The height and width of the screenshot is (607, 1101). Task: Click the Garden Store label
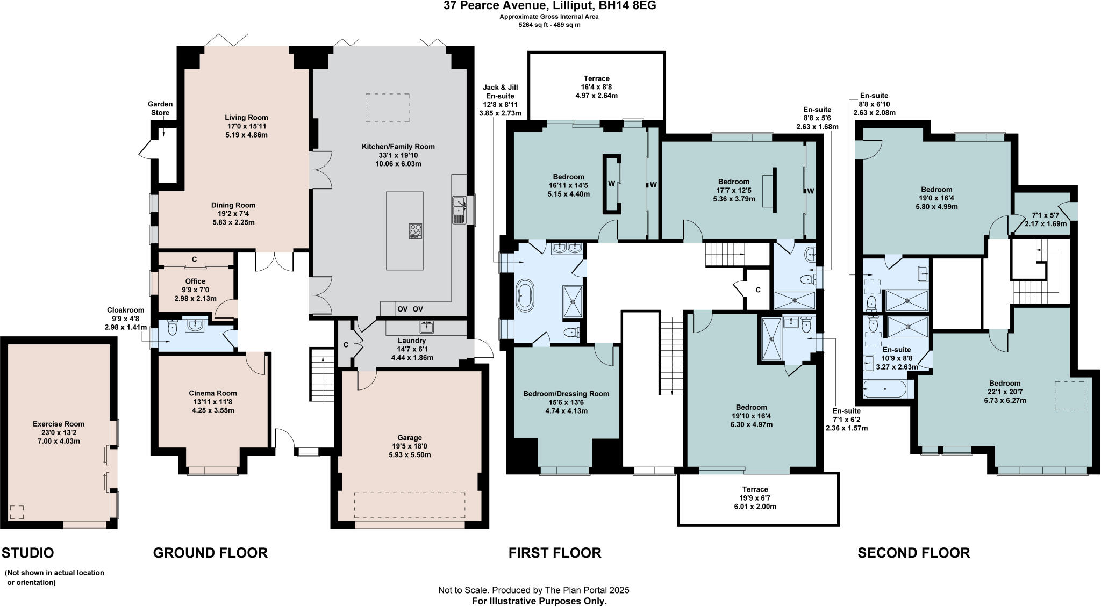click(160, 108)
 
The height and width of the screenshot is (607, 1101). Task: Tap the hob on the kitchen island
click(415, 230)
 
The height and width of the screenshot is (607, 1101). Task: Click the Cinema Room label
click(213, 393)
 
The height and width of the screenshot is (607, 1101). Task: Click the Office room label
click(195, 281)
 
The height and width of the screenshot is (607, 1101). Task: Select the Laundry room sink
click(428, 327)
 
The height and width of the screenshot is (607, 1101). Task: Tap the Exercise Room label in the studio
click(59, 424)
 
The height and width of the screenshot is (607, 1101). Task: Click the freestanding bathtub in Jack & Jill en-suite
click(524, 295)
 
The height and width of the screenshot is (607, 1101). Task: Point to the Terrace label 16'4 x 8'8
click(597, 78)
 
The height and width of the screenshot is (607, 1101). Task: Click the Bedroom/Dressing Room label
click(566, 394)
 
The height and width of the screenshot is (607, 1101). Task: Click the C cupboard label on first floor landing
click(758, 290)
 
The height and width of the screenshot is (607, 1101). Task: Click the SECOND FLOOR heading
click(913, 553)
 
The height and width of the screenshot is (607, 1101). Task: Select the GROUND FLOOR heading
click(210, 553)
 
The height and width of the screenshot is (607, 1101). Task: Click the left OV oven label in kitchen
click(403, 309)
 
